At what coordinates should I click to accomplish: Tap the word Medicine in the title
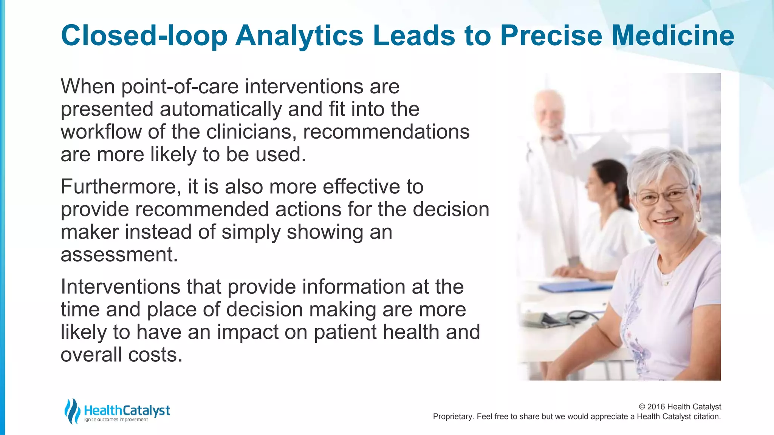(673, 36)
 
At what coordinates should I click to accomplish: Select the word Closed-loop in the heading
(144, 36)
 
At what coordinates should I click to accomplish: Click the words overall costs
(121, 355)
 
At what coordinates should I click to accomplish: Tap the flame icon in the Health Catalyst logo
(72, 411)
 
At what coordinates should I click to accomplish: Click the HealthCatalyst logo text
(127, 410)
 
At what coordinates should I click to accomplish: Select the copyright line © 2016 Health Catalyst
(680, 407)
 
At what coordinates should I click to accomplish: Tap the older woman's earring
(698, 217)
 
